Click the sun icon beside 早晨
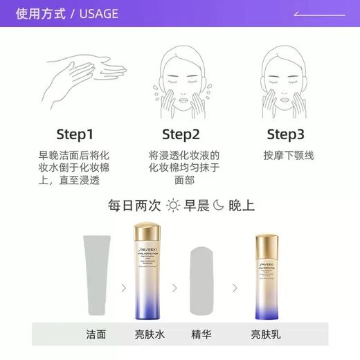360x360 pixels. tap(172, 206)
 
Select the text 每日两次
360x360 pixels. tap(134, 206)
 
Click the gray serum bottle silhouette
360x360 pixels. tap(206, 277)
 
